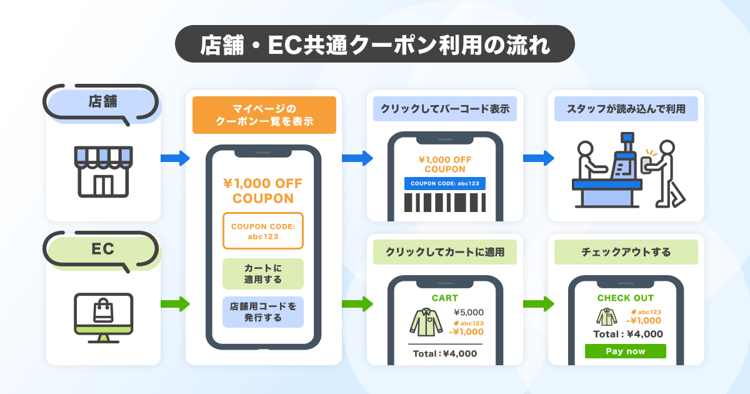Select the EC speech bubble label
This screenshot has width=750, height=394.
(102, 249)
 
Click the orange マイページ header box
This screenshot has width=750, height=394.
(264, 115)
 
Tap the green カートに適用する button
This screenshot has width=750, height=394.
(263, 274)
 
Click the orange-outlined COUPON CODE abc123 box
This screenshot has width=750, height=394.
(263, 231)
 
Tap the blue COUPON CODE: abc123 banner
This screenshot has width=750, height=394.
(444, 183)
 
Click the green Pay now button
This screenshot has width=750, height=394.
(625, 351)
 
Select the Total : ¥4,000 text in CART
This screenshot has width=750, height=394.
(444, 353)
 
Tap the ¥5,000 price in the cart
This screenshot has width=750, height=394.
(468, 313)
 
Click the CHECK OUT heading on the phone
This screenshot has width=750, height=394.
(625, 298)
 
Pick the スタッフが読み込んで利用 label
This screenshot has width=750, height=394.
(626, 109)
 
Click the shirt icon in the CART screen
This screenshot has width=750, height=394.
(426, 320)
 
